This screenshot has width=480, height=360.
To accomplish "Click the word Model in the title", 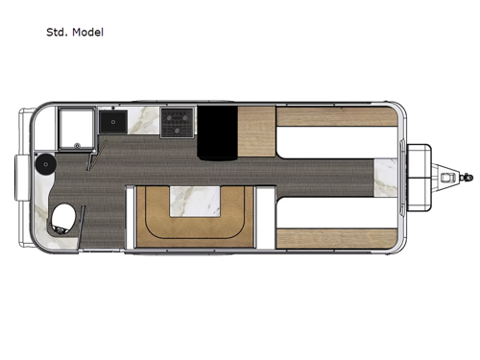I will pos(86,32).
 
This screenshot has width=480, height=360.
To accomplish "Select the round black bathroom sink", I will pos(43,166).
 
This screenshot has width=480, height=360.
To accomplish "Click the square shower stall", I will pos(75,128).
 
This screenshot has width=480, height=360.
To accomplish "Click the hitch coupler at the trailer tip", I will pos(468,178).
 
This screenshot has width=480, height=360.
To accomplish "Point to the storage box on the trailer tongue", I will pos(420,178).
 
